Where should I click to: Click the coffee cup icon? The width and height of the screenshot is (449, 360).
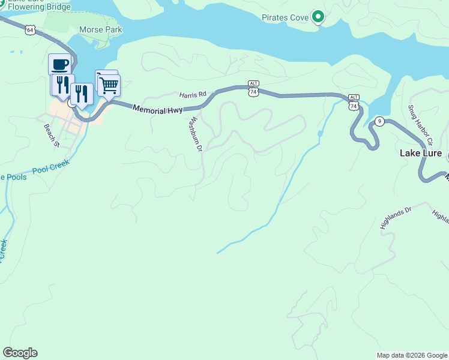click(59, 64)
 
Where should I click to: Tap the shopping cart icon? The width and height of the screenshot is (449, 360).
click(109, 85)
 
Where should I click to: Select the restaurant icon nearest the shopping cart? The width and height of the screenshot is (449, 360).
click(81, 94)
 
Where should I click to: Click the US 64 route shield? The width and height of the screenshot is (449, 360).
click(29, 29)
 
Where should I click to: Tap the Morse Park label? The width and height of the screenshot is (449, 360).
click(100, 29)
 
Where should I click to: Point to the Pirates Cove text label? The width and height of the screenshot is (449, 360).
click(285, 18)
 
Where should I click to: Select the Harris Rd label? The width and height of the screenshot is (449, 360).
click(193, 94)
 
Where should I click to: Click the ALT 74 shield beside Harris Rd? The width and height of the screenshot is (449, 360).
click(253, 89)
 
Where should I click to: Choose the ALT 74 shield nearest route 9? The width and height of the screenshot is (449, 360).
click(354, 102)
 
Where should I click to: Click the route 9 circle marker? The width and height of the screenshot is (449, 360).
click(379, 121)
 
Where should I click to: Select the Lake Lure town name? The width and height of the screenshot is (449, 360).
click(421, 154)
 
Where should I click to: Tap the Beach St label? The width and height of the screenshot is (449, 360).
click(52, 135)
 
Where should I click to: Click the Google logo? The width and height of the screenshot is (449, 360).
click(20, 353)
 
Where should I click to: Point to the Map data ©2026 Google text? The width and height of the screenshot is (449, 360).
click(411, 355)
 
